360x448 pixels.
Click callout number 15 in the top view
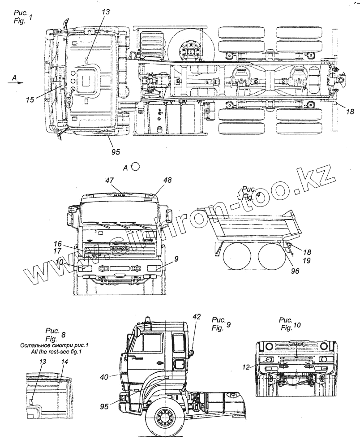tap(30, 99)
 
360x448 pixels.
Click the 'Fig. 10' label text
tap(290, 328)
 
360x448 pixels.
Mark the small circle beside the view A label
tap(137, 167)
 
